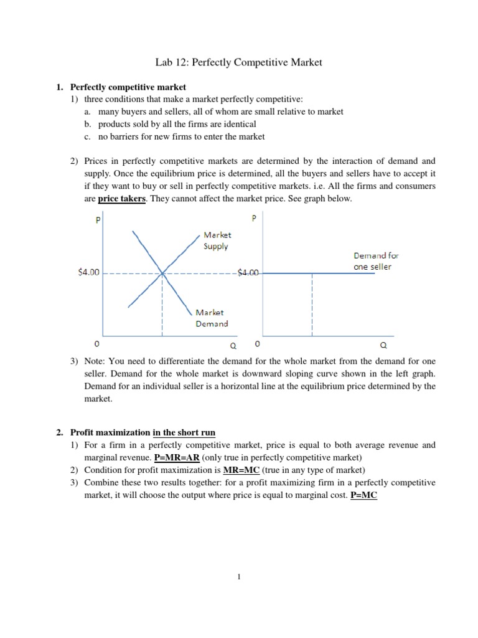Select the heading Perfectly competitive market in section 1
click(x=128, y=87)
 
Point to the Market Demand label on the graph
click(x=212, y=318)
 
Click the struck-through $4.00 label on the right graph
click(x=250, y=273)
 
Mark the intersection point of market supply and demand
click(x=162, y=273)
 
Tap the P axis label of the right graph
click(x=253, y=219)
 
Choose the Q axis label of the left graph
click(x=233, y=345)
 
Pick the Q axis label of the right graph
click(x=383, y=344)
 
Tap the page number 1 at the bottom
click(x=238, y=576)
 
